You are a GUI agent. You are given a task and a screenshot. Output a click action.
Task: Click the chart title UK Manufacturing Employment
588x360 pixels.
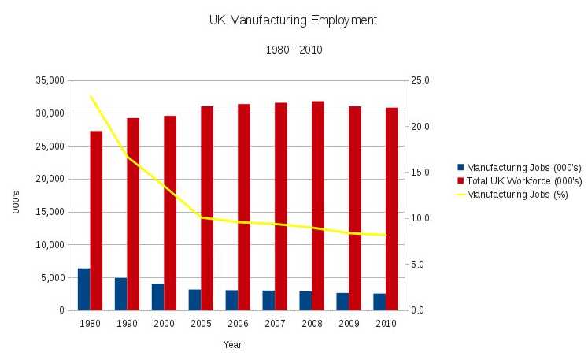[x=293, y=20]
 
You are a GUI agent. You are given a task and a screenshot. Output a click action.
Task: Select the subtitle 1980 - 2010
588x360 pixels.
[x=293, y=50]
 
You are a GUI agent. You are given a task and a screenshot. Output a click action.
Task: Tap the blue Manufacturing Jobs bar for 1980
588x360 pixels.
[x=83, y=289]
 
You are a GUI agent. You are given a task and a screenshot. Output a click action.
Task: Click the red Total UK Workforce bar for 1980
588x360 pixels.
[x=96, y=221]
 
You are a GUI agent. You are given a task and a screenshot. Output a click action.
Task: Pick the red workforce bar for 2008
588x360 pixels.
[x=318, y=206]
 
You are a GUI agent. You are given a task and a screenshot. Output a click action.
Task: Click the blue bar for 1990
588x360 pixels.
[x=120, y=294]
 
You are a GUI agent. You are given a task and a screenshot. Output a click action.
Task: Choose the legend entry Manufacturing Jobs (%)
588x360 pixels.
[x=517, y=194]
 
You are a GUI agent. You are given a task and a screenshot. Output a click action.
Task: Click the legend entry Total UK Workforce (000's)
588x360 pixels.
[x=523, y=180]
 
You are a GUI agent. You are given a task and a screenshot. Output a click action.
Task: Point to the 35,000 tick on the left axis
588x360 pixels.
[x=49, y=80]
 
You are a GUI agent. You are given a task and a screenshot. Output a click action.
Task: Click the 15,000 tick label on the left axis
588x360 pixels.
[x=49, y=212]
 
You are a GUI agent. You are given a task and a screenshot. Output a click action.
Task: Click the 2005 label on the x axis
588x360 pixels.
[x=201, y=324]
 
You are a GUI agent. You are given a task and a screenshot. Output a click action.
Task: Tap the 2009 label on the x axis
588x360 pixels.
[x=349, y=324]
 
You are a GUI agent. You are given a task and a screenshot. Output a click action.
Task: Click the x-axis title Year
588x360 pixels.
[x=232, y=344]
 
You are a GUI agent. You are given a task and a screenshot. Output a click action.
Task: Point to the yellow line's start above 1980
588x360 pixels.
[x=91, y=97]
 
